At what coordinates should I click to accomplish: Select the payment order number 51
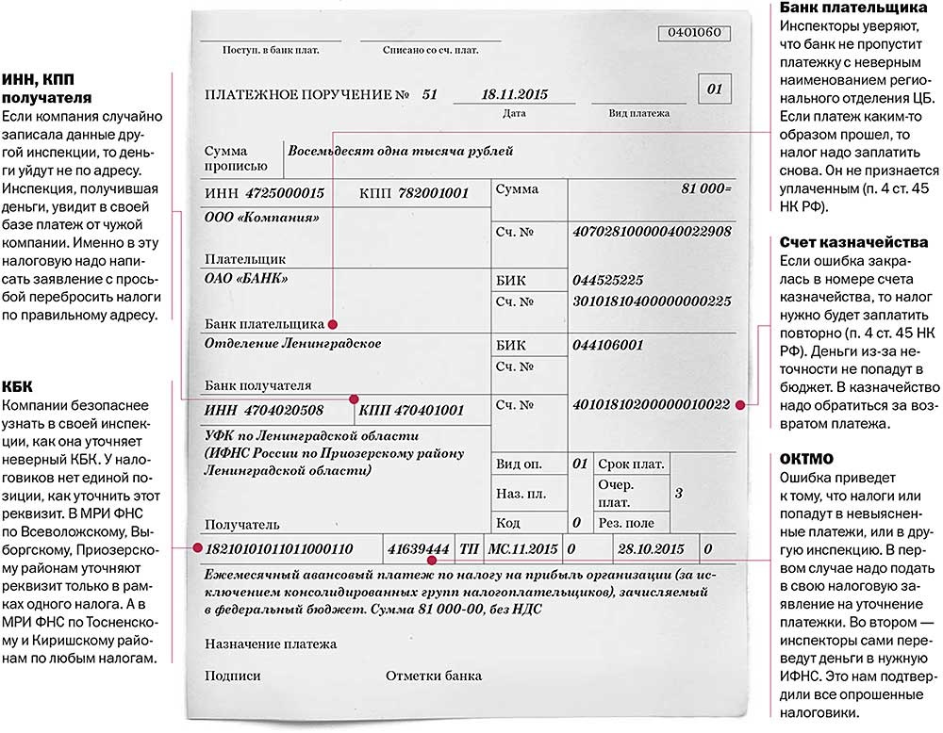[430, 94]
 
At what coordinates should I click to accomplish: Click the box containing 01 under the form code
[713, 90]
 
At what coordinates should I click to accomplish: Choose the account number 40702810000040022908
[652, 231]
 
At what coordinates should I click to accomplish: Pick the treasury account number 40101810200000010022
[652, 404]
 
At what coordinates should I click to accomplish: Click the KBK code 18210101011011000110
[279, 548]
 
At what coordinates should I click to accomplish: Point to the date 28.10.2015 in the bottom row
[648, 548]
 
